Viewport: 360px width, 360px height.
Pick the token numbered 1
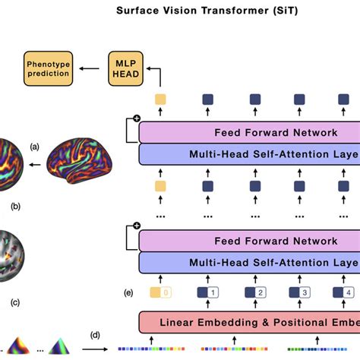207,292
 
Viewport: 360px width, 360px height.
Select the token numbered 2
254,292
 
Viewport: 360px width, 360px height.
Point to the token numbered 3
302,292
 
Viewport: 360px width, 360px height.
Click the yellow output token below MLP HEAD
159,99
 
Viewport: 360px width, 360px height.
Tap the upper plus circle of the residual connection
137,118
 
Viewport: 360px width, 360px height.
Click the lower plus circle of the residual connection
137,226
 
